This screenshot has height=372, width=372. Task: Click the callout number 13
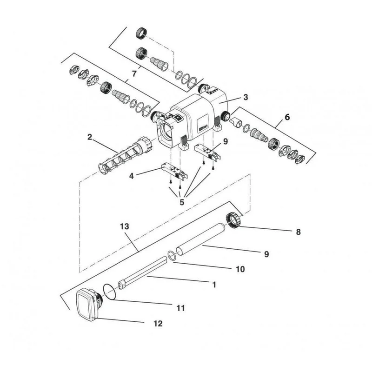pos(125,226)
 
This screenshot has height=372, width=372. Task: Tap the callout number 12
pos(158,324)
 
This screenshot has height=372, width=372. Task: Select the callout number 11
pos(180,308)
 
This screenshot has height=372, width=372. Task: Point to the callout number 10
pos(240,269)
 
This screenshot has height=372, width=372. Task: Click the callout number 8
pos(298,232)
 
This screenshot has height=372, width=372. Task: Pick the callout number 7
pos(134,73)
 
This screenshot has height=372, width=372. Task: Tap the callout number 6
pos(287,117)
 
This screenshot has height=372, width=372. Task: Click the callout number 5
pos(182,202)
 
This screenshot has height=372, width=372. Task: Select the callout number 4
pos(132,176)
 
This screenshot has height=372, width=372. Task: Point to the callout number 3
pos(246,97)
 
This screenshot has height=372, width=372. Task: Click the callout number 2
pos(89,137)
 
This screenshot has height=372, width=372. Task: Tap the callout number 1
pos(214,285)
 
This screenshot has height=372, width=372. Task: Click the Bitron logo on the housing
pos(203,126)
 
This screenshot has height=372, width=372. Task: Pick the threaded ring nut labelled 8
pos(234,220)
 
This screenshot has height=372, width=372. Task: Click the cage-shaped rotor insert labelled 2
pos(125,155)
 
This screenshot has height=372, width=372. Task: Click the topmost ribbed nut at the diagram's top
pos(141,33)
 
